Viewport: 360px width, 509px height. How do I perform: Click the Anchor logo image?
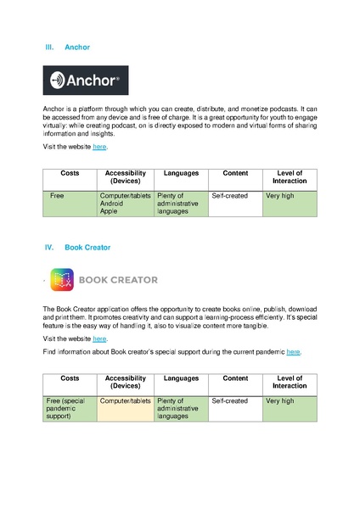(x=86, y=81)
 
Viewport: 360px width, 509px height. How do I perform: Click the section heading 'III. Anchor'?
(x=67, y=48)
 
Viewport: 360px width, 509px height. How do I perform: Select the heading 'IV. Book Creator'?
(x=77, y=248)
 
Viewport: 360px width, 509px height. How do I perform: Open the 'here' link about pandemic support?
(x=293, y=351)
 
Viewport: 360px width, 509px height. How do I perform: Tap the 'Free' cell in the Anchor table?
(x=58, y=196)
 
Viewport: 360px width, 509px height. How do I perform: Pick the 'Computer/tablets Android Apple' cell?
(x=125, y=204)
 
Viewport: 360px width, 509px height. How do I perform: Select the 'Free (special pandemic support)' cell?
(x=69, y=408)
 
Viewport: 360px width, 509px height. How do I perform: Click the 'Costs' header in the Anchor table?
(x=70, y=173)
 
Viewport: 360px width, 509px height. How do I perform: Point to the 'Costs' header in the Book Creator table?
(x=70, y=378)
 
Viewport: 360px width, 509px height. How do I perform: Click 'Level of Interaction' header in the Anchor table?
(x=290, y=177)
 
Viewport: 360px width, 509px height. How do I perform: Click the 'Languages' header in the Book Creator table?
(x=181, y=378)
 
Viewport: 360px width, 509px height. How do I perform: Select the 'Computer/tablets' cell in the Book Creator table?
(x=125, y=400)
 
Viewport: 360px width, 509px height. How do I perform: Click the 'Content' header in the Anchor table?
(x=235, y=173)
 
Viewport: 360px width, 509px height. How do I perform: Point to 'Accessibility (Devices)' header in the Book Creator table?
(x=125, y=382)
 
